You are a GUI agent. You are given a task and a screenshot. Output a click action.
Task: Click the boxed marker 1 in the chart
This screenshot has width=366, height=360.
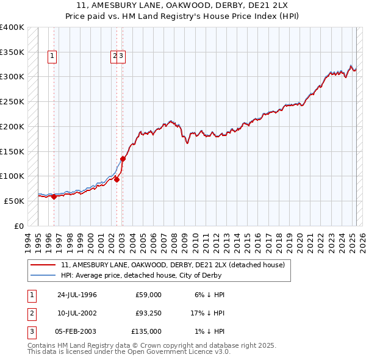[52, 56]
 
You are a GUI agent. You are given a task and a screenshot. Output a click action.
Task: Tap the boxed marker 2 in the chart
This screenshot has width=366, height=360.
[114, 56]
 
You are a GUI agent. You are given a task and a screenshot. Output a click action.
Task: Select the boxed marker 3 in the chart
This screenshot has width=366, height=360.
[121, 56]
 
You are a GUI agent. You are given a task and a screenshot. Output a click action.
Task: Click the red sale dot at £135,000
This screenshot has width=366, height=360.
[123, 159]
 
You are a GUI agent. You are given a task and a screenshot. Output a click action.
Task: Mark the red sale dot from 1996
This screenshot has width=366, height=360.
[54, 196]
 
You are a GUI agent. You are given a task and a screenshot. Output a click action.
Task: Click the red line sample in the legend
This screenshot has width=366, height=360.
[43, 265]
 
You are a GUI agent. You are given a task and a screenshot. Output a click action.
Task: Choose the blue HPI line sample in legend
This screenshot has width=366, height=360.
[43, 275]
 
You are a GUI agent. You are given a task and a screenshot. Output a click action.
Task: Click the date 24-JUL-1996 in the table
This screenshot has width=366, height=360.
[77, 295]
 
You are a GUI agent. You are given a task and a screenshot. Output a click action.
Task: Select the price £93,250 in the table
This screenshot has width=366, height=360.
[148, 313]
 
